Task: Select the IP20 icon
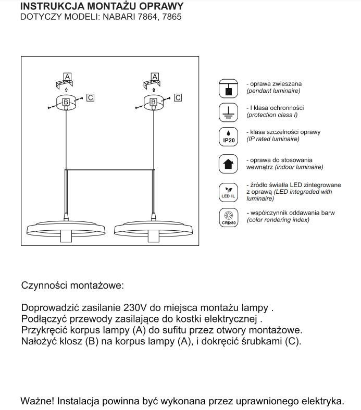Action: click(x=227, y=136)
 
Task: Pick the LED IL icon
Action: click(x=227, y=192)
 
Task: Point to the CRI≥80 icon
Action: click(x=227, y=217)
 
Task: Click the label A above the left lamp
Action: click(x=67, y=77)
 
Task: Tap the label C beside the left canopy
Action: click(x=91, y=97)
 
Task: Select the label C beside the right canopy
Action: click(x=178, y=97)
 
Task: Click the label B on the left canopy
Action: click(x=66, y=102)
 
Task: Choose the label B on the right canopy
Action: click(x=154, y=102)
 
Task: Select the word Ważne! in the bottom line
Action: click(x=37, y=401)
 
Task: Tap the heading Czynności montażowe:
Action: click(x=72, y=285)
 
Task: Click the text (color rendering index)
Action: click(x=278, y=220)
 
